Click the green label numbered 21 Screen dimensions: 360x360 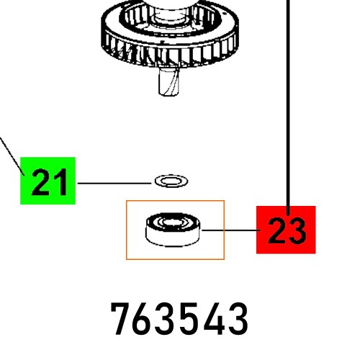pos(48,181)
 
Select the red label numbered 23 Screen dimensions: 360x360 pos(287,230)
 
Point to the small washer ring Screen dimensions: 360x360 pos(168,179)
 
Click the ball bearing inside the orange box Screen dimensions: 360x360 pos(174,229)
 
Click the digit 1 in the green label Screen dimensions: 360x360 pos(62,182)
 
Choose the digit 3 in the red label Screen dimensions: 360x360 pos(297,230)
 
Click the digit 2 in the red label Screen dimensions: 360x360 pos(276,230)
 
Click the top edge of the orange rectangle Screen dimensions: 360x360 pos(175,201)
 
